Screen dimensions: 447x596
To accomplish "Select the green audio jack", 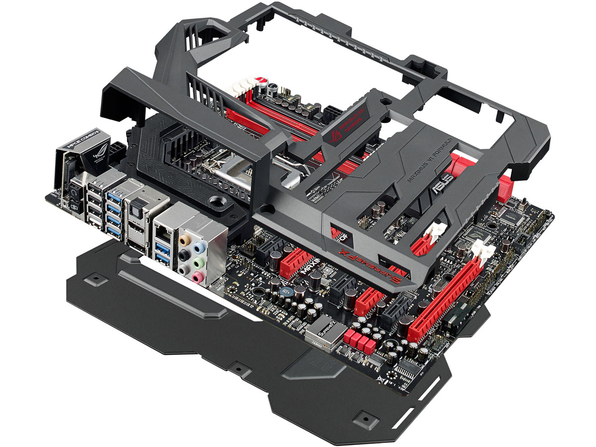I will pyautogui.click(x=199, y=262).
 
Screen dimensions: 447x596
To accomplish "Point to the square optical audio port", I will pyautogui.click(x=136, y=212).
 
